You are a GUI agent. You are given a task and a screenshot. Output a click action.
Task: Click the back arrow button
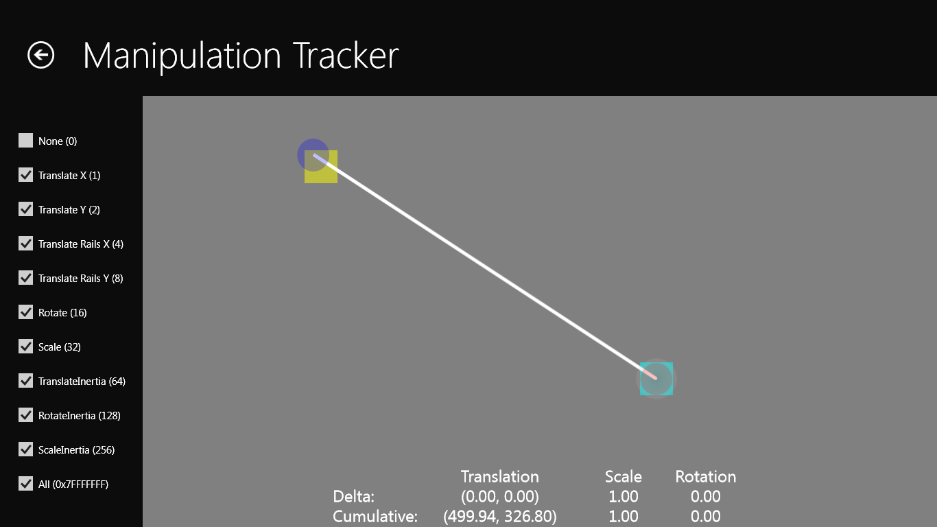[x=40, y=55]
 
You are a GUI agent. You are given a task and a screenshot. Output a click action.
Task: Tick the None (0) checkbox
[x=25, y=141]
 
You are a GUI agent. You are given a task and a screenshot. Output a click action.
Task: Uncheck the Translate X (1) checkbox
[x=25, y=175]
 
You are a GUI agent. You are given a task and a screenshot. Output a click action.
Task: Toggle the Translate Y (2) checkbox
[x=25, y=209]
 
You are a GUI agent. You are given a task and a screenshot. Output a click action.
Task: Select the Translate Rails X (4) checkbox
[x=25, y=244]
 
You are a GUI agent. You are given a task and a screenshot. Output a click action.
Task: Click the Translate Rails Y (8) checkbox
[x=25, y=278]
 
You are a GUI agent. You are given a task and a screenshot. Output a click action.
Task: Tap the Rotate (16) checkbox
[x=25, y=312]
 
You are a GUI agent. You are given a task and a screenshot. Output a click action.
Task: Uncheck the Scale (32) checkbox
[x=25, y=347]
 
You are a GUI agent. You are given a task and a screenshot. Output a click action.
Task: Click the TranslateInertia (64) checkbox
[x=25, y=381]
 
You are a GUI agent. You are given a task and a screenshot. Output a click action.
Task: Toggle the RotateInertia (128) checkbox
[x=25, y=415]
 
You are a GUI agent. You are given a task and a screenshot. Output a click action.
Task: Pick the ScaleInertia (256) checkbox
[x=25, y=449]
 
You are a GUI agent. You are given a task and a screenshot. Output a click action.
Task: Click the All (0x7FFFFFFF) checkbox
[x=25, y=484]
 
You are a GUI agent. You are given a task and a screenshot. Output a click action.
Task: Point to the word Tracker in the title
[x=346, y=56]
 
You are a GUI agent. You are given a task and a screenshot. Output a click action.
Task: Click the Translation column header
[x=500, y=477]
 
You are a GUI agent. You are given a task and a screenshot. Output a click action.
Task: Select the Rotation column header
[x=706, y=477]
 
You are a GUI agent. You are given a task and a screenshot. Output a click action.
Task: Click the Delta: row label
[x=353, y=497]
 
